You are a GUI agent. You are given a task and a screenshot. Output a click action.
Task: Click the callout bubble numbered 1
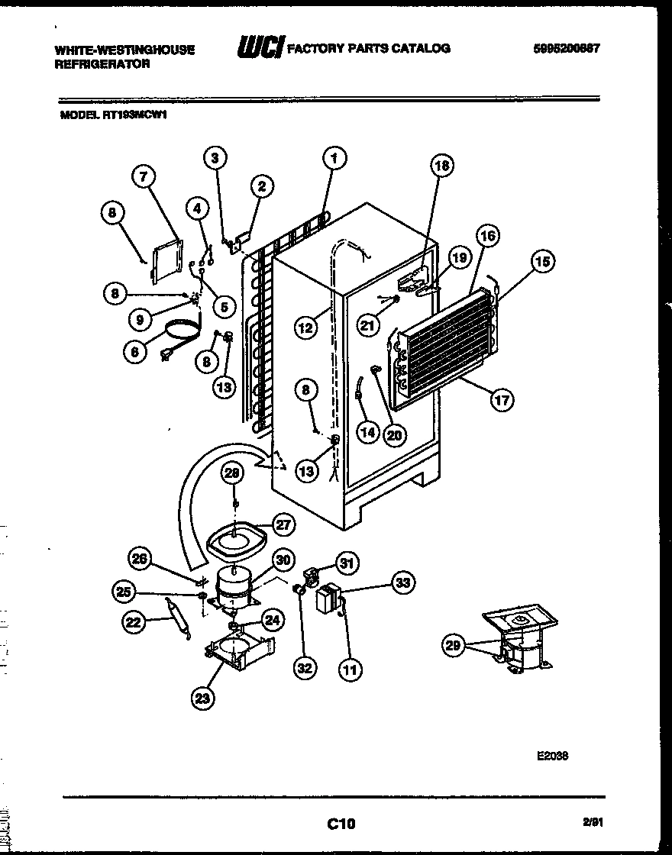(x=334, y=158)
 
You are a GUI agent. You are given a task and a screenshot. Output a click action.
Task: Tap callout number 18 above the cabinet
(x=441, y=166)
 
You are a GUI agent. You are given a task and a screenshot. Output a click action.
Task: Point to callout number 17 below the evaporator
(x=502, y=398)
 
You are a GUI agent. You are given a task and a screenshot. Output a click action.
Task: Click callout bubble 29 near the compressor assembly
(x=454, y=647)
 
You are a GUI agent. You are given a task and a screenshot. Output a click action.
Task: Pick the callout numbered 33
(x=402, y=583)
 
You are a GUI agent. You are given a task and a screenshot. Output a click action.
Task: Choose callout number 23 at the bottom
(x=204, y=698)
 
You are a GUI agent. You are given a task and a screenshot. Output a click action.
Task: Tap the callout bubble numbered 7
(x=143, y=177)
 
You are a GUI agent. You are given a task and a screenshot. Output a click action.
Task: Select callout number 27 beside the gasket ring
(x=284, y=524)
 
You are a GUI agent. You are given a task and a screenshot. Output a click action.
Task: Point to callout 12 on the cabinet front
(x=305, y=327)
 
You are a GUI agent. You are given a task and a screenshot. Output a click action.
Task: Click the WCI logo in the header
(x=260, y=48)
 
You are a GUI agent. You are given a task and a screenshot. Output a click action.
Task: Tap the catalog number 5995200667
(x=566, y=47)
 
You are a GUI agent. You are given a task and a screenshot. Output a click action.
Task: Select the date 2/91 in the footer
(x=591, y=822)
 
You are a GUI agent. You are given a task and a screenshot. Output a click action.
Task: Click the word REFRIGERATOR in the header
(x=102, y=64)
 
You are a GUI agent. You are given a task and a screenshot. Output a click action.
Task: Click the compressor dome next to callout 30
(x=233, y=585)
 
